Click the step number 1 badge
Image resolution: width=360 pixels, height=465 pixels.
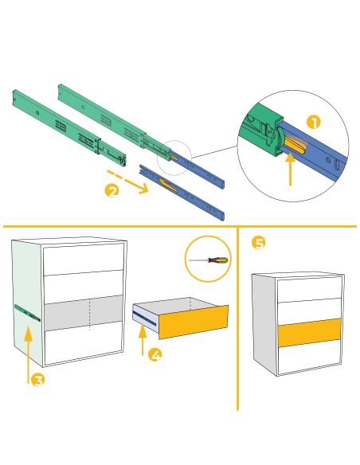click(314, 123)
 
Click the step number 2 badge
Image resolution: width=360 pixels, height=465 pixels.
click(112, 190)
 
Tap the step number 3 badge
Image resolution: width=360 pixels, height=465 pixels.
click(38, 380)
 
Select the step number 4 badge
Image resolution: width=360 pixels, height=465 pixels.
click(155, 354)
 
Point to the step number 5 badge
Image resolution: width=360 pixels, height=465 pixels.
click(259, 243)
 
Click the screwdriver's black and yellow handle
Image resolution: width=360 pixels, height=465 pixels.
click(218, 260)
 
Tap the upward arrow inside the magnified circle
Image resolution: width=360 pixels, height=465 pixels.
click(291, 169)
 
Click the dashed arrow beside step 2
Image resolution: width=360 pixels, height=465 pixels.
click(127, 182)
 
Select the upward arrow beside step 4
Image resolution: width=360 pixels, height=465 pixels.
click(143, 340)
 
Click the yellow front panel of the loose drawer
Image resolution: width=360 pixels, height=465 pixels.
click(194, 322)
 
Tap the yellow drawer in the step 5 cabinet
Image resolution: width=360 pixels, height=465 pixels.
click(309, 333)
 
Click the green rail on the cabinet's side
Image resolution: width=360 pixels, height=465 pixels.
click(27, 313)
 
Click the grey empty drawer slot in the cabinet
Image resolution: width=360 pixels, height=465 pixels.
click(84, 313)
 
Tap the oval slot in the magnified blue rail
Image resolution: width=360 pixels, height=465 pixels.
click(338, 165)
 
